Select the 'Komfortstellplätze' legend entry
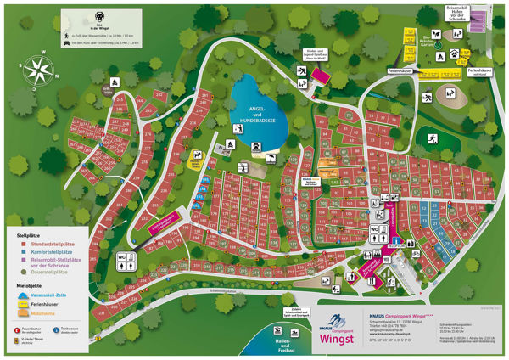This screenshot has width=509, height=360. pyautogui.click(x=52, y=252)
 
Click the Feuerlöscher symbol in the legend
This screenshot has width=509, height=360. pyautogui.click(x=17, y=329)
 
